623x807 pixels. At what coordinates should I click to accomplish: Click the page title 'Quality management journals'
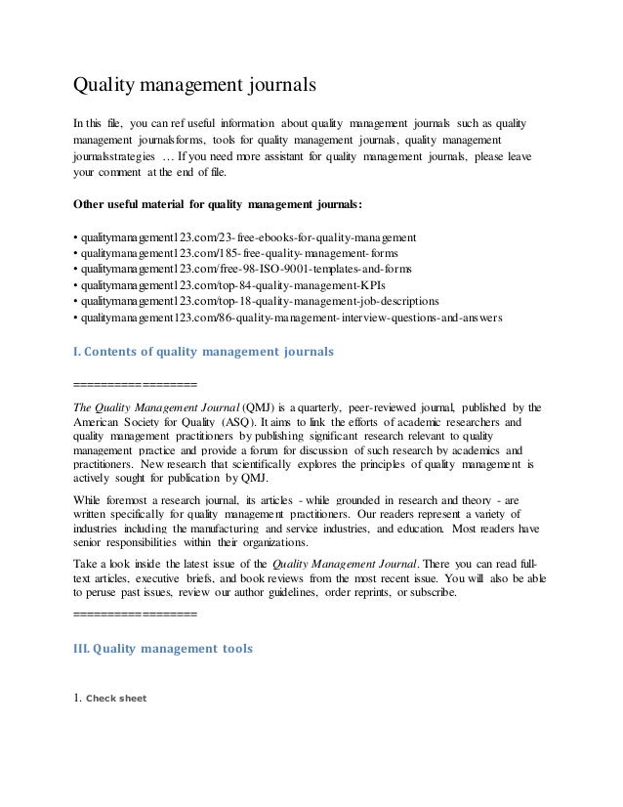[195, 85]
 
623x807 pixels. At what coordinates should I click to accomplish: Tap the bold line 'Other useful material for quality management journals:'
[217, 205]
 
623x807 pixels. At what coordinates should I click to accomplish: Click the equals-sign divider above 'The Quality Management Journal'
[135, 383]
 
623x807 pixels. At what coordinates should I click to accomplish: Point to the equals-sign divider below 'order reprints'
[135, 616]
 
